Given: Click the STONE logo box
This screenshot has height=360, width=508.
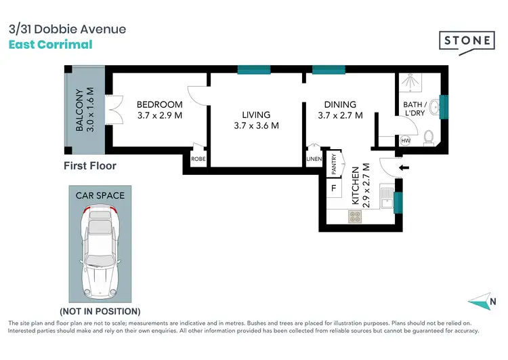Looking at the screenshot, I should (467, 40).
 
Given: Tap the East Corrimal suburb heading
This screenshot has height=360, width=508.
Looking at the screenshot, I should (50, 45).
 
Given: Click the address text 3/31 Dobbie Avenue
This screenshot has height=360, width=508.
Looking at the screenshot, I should (66, 29).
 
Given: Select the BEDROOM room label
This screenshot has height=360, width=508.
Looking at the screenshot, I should (159, 104).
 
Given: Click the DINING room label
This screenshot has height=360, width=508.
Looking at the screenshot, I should (340, 104).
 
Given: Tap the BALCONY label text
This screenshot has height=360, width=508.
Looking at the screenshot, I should (80, 110).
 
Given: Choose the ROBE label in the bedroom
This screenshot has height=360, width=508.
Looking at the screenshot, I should (198, 159).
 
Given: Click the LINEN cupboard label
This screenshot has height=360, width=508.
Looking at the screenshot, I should (313, 159).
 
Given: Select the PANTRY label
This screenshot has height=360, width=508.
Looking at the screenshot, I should (334, 163).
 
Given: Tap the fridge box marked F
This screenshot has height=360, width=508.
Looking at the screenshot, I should (333, 188).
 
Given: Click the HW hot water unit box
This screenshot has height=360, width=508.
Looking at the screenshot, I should (406, 141).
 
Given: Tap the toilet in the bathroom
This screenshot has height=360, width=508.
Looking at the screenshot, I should (428, 138).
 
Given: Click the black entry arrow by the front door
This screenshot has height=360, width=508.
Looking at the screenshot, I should (405, 167).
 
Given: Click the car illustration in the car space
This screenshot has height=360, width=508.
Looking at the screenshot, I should (100, 255).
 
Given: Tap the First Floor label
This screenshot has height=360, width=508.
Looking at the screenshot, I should (90, 165).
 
